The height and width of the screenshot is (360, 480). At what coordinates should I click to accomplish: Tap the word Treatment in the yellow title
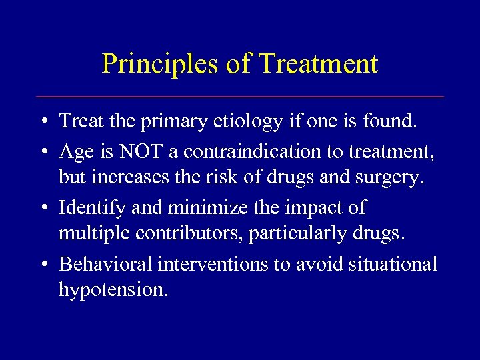318,64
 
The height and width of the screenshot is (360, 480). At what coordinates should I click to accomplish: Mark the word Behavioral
106,264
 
